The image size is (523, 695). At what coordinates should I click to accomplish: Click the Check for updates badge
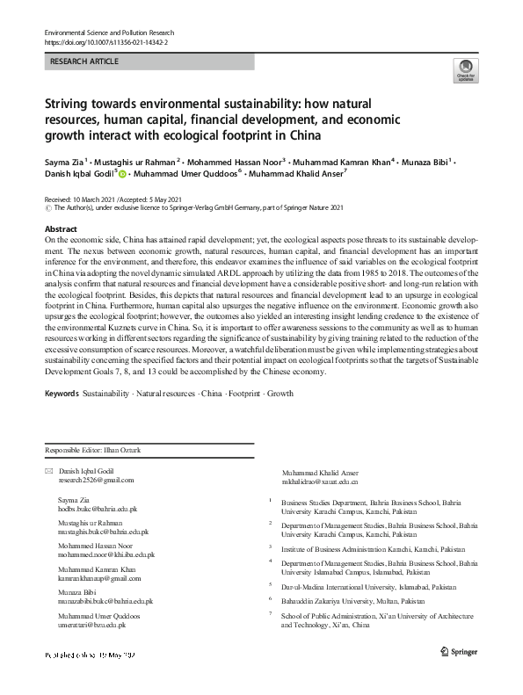pyautogui.click(x=464, y=71)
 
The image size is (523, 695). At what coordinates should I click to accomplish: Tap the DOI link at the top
pyautogui.click(x=105, y=42)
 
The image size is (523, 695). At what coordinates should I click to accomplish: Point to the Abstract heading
pyautogui.click(x=61, y=228)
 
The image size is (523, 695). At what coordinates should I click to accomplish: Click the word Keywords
pyautogui.click(x=62, y=395)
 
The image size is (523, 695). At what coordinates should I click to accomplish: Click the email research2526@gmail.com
pyautogui.click(x=96, y=481)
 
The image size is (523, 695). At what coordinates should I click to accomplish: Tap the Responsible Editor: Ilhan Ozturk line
pyautogui.click(x=91, y=451)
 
